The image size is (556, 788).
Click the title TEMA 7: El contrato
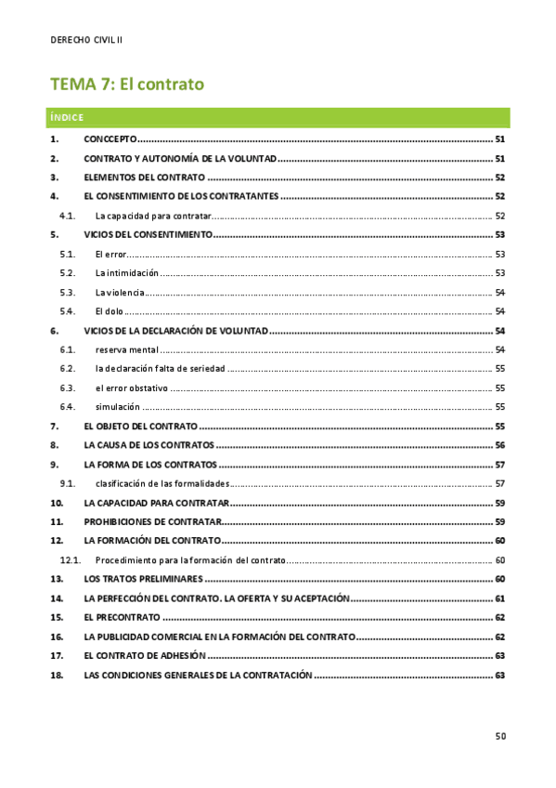point(126,85)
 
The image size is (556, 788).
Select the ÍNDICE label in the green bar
point(67,117)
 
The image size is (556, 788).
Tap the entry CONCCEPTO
point(110,138)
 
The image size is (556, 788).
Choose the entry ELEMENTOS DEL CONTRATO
point(144,177)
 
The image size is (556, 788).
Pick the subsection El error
point(110,254)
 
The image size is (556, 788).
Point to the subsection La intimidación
point(126,273)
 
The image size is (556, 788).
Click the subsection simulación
point(117,406)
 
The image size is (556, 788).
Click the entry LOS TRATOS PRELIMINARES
point(142,579)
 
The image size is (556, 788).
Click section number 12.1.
point(71,560)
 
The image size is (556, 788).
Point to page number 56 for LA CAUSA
point(499,445)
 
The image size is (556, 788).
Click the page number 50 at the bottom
point(499,737)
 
